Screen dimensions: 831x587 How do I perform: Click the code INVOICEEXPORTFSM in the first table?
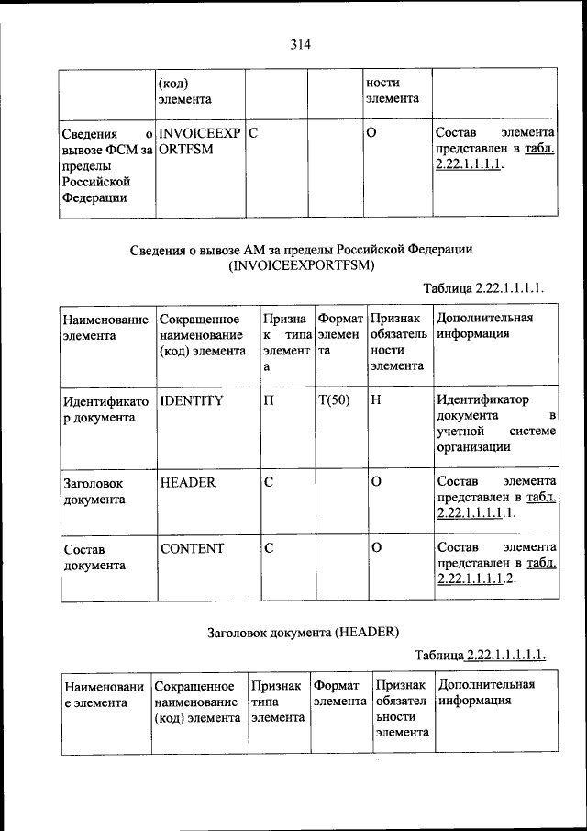(199, 141)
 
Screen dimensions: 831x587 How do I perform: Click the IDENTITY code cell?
(191, 400)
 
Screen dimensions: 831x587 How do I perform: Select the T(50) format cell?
(335, 400)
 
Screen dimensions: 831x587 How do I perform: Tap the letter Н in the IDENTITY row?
(377, 400)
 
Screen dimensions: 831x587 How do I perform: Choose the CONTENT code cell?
(191, 548)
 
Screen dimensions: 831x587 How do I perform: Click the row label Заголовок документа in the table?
(94, 491)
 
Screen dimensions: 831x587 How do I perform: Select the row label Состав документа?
(94, 556)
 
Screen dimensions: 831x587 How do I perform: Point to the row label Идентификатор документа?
(99, 409)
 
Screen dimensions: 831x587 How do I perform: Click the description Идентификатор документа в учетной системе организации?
(495, 424)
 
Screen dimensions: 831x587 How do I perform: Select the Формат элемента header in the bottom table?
(339, 693)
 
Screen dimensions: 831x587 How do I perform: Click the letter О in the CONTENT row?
(376, 548)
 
